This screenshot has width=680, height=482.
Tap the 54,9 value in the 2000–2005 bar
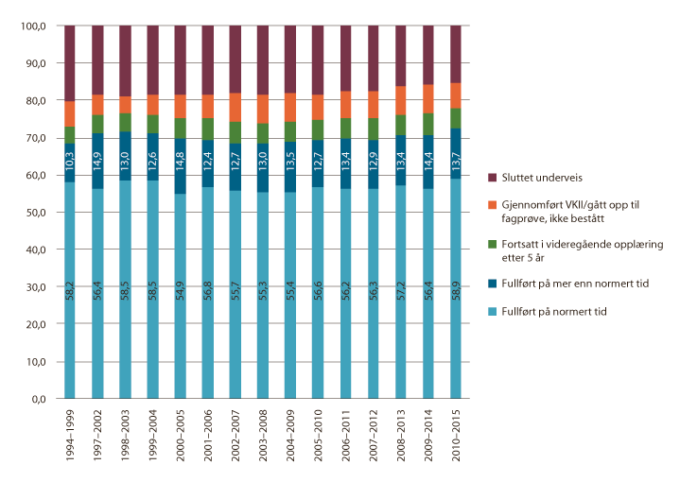[180, 285]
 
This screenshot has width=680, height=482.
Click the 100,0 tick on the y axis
[32, 26]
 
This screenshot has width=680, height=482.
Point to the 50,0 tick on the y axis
[34, 213]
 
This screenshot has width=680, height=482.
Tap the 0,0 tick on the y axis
[38, 399]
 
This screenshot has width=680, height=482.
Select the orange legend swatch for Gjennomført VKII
[493, 202]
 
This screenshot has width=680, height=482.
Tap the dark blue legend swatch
[493, 281]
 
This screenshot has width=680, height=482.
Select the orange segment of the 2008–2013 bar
[400, 100]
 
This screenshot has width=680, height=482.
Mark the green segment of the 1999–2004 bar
[152, 124]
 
